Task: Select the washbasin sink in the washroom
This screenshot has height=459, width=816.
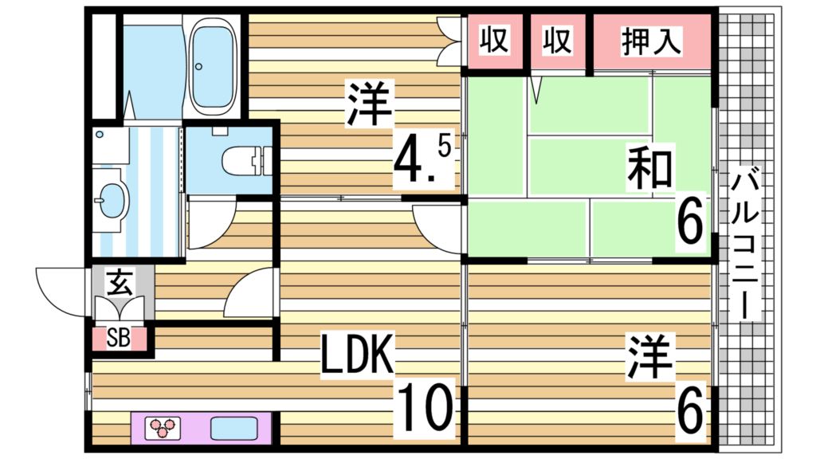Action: coord(112,196)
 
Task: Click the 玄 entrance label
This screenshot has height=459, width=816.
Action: coord(120,282)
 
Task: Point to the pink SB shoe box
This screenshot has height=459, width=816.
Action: coord(119,338)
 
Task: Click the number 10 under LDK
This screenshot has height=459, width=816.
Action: coord(426,406)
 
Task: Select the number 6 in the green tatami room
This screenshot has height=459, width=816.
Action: coord(689,224)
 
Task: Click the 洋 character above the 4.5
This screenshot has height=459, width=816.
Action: coord(369,106)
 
